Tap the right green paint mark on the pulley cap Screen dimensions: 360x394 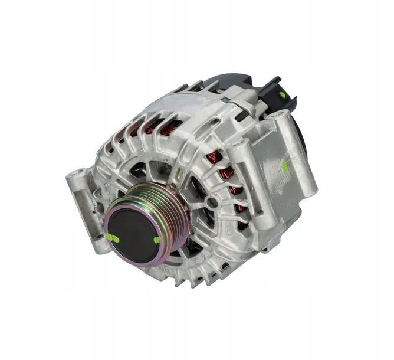(157, 240)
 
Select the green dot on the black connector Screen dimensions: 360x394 (283, 94)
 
